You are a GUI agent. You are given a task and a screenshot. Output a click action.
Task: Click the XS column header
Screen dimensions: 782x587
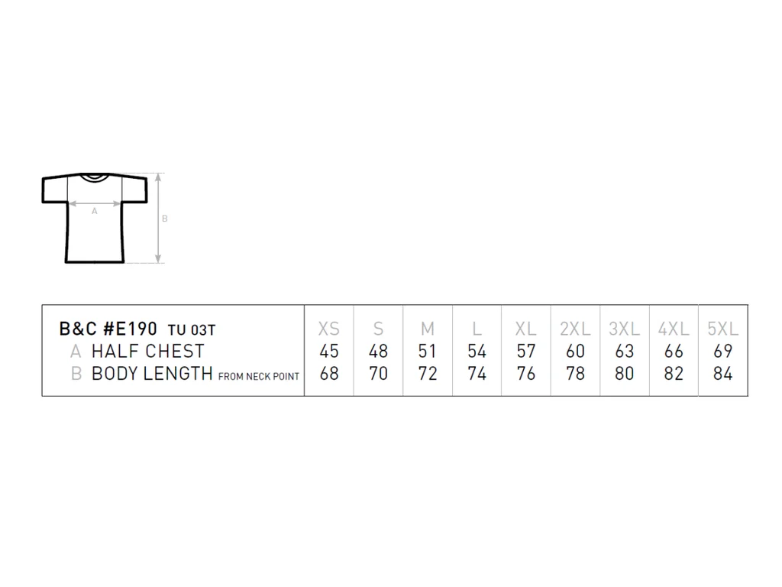[328, 329]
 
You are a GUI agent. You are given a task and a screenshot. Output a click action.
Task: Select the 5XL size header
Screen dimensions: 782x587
[722, 329]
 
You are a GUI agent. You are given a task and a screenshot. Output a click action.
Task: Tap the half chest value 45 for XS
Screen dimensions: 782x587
[329, 352]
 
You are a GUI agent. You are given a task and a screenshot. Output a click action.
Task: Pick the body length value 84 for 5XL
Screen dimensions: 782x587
[722, 373]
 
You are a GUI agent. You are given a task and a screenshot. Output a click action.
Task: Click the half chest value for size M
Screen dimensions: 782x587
[428, 352]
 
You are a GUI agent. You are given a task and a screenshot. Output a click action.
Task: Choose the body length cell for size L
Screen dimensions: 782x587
[477, 373]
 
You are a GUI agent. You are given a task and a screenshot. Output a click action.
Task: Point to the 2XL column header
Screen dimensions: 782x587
[575, 329]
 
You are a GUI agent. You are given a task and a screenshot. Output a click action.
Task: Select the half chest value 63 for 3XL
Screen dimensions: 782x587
[625, 352]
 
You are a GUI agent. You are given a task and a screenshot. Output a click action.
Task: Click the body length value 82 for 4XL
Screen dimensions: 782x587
[674, 373]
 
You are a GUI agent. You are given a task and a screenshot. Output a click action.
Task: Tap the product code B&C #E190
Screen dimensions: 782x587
[108, 329]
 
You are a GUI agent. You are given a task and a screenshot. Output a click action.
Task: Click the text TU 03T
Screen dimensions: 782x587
[192, 330]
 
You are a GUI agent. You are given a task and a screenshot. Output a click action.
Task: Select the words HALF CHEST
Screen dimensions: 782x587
[148, 352]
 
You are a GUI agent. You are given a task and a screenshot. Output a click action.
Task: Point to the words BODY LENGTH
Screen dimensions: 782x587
[152, 373]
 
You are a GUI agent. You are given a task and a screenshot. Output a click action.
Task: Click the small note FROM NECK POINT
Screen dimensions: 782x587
[259, 376]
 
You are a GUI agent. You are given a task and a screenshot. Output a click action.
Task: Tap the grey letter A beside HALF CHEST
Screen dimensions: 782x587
[76, 352]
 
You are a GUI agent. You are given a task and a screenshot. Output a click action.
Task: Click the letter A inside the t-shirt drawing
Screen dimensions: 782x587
[94, 211]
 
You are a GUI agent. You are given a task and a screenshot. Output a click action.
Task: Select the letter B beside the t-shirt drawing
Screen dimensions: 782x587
[165, 219]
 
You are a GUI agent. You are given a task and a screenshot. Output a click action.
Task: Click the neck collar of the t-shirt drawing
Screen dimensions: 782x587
[94, 177]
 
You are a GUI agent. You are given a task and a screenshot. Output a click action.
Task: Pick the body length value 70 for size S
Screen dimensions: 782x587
[378, 373]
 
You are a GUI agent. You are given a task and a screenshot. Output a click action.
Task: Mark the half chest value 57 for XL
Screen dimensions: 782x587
[525, 352]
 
